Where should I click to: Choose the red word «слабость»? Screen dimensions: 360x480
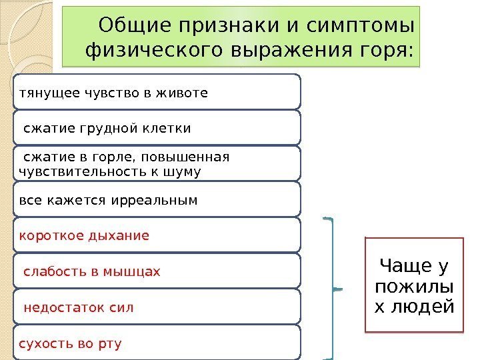tap(51, 272)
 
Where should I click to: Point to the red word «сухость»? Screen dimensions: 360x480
tap(42, 344)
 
